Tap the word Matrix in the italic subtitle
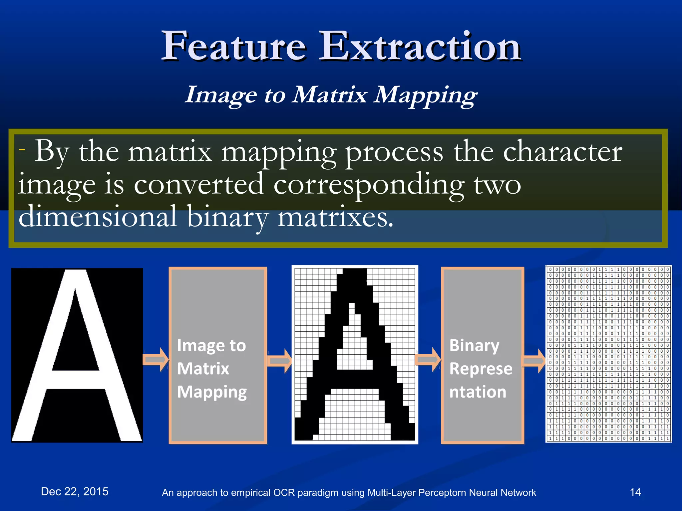pos(329,94)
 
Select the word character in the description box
pos(562,152)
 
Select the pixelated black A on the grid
pos(355,355)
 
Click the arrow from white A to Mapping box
pos(156,359)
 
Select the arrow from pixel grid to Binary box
pos(428,359)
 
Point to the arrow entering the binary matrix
pos(534,360)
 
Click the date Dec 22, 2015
pos(75,491)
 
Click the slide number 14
pos(635,492)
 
